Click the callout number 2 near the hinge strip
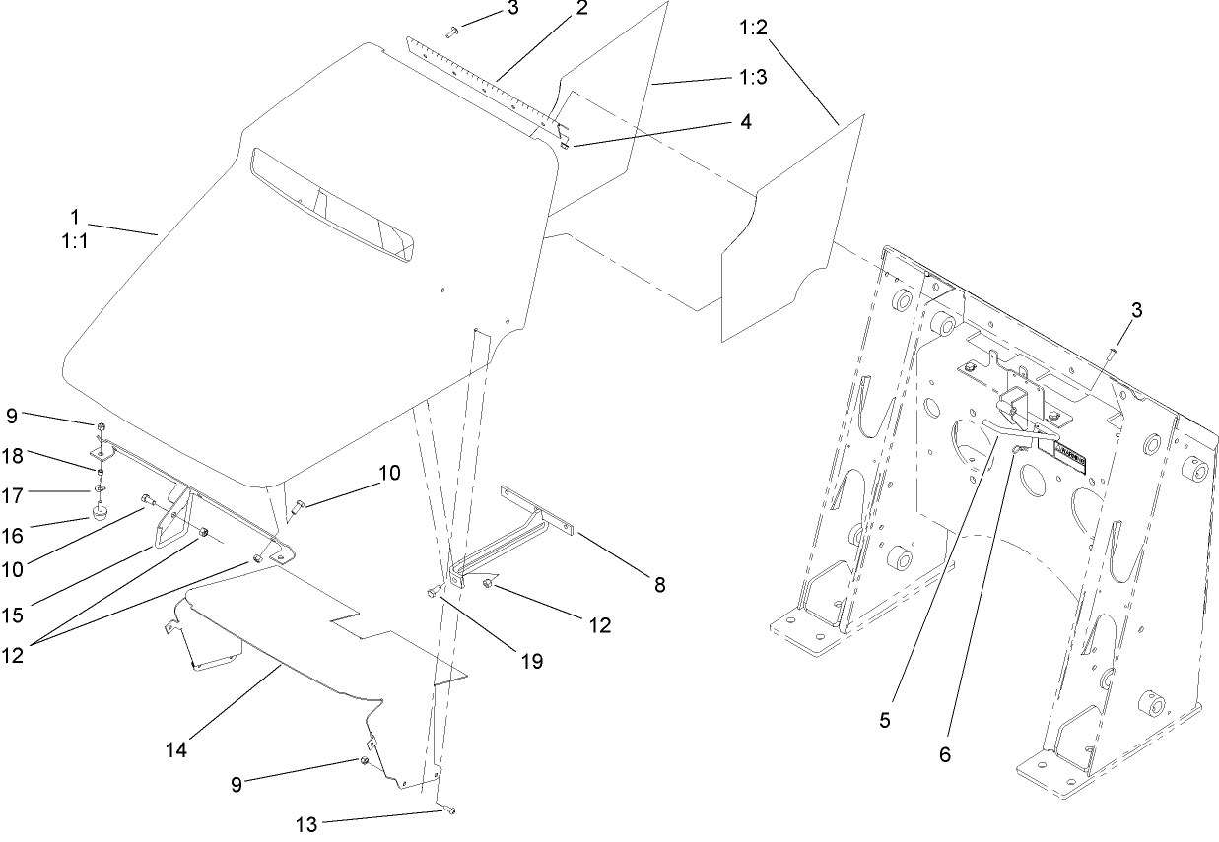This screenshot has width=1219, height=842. [x=582, y=9]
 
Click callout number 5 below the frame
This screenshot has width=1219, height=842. [x=885, y=720]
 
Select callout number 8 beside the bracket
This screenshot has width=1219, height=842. [x=658, y=585]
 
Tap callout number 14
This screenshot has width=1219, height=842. [x=178, y=750]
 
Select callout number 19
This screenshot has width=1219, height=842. [x=531, y=661]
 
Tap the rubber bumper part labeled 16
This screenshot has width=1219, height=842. [x=99, y=510]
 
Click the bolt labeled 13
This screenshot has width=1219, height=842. [x=449, y=810]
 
